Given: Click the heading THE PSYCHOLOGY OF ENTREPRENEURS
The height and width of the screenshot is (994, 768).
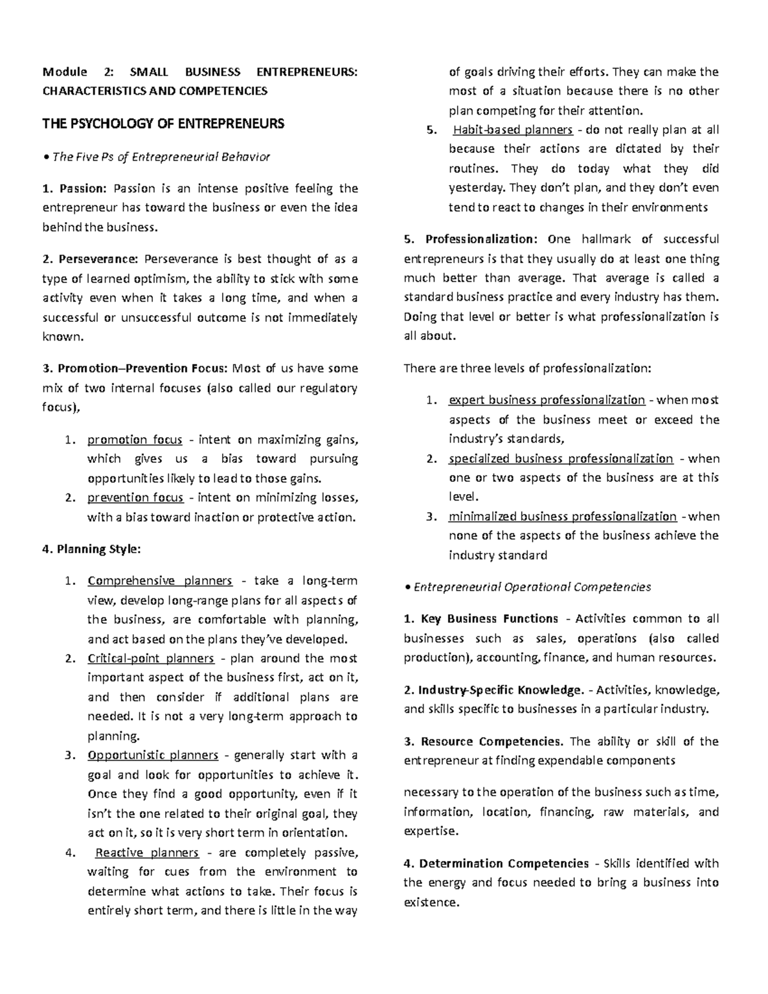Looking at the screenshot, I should pos(163,124).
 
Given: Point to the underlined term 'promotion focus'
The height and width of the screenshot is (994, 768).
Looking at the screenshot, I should pos(134,440).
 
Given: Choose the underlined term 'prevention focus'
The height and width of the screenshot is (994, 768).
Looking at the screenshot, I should pos(135,497).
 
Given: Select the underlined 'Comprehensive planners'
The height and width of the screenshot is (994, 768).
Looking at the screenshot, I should pos(159,581).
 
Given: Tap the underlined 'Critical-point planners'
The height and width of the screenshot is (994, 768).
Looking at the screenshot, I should pos(150,658).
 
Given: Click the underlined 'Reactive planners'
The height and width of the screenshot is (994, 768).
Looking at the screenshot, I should pos(147,853).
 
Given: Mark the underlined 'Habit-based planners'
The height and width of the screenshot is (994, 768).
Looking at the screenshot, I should pos(513,130).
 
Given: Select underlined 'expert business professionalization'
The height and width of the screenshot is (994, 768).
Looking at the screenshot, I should pos(547,400).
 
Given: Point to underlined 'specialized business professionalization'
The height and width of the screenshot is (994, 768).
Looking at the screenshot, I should pos(561,458).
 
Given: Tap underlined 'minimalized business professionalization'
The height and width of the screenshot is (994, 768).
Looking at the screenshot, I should pos(563,516).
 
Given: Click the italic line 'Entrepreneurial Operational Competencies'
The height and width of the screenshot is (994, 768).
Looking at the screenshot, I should pos(532,587).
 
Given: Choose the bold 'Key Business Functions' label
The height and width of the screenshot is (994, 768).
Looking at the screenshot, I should pos(489,619).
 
